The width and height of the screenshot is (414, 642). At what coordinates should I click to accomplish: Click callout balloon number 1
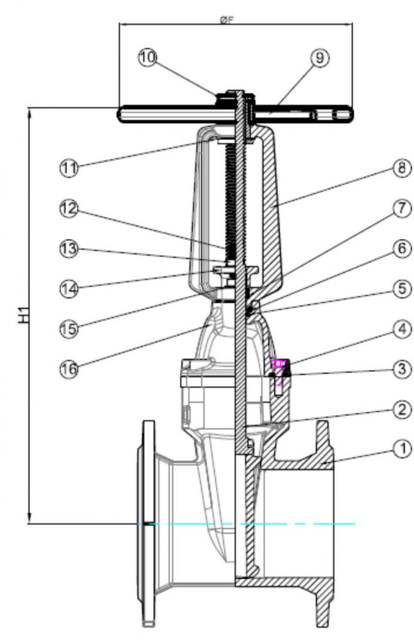[401, 449]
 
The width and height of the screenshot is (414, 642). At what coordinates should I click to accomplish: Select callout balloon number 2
[400, 408]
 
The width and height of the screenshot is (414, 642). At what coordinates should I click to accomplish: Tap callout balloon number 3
[400, 369]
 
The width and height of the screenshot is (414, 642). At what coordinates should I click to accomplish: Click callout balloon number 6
[400, 248]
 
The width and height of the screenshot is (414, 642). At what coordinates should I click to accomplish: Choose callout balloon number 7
[400, 209]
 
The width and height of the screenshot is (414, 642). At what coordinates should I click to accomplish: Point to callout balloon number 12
[71, 210]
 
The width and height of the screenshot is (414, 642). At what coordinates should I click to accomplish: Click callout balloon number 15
[71, 327]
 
